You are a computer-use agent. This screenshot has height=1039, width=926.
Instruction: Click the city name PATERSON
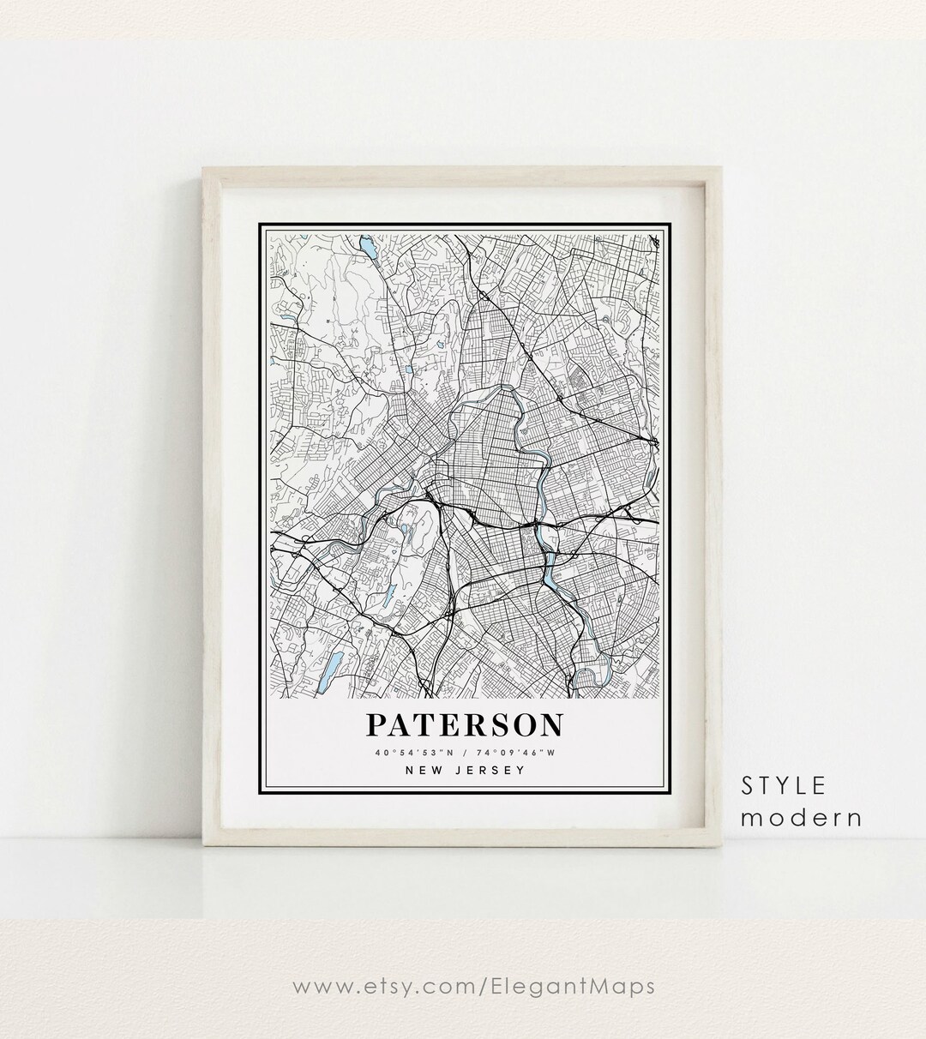(x=465, y=724)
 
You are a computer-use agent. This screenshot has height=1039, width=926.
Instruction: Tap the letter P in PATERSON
(x=376, y=724)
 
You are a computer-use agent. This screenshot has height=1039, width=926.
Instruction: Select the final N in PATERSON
(x=552, y=724)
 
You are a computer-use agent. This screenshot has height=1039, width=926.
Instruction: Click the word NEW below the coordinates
(x=425, y=770)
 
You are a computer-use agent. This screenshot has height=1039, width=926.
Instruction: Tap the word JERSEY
(x=490, y=770)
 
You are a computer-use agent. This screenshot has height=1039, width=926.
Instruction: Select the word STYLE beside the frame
(x=784, y=785)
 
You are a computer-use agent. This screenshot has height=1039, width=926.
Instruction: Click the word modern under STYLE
(x=802, y=817)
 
